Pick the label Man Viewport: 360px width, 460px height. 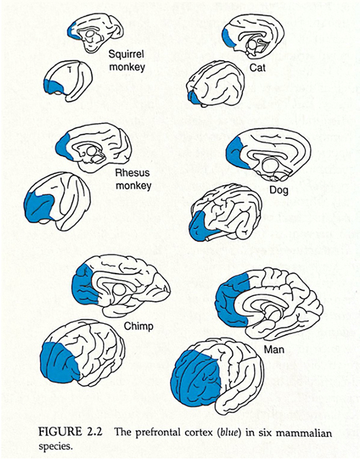272,348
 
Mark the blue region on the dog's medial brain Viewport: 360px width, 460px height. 238,151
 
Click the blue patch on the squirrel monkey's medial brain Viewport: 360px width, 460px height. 71,30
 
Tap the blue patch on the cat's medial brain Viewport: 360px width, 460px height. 228,38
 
